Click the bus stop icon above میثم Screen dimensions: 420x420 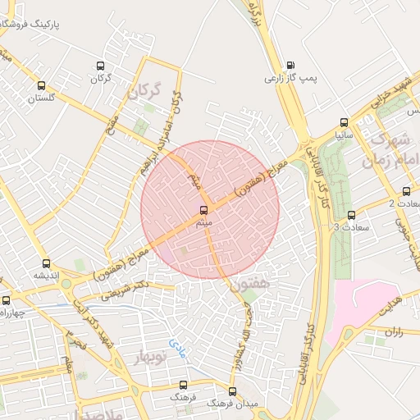[x=203, y=210]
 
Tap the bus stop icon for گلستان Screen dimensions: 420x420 [x=41, y=85]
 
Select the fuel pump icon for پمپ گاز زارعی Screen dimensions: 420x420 [x=290, y=66]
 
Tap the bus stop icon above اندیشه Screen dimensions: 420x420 [x=46, y=264]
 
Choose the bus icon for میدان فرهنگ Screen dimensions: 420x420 [x=233, y=391]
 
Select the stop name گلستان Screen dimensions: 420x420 [x=41, y=98]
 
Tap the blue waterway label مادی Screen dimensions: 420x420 [x=177, y=348]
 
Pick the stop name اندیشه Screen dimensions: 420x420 [x=46, y=276]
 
